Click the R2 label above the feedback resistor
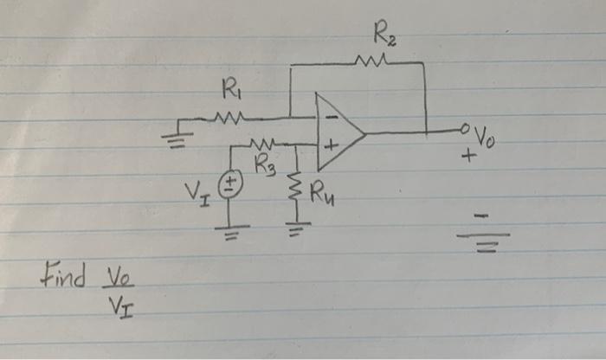(x=384, y=37)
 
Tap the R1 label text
(x=230, y=88)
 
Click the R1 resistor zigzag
(x=231, y=116)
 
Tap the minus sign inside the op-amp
(x=329, y=119)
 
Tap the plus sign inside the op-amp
(x=329, y=147)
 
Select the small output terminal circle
(x=467, y=132)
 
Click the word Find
(x=63, y=279)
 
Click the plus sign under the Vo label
(x=469, y=158)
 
